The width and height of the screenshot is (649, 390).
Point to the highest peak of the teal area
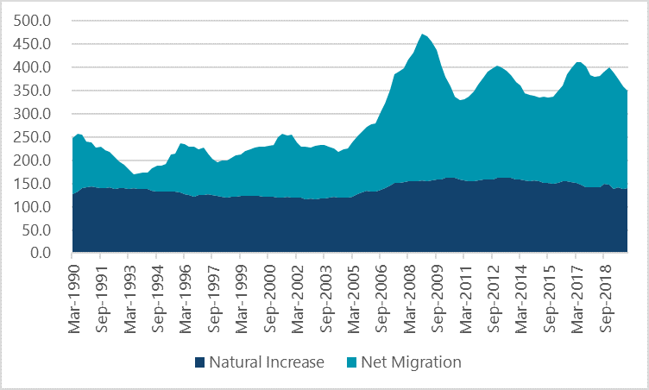click(422, 35)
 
